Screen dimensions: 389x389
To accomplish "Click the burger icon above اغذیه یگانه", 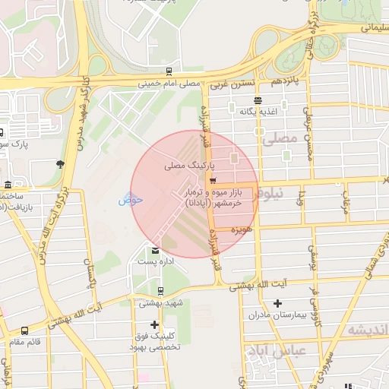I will pos(259,100).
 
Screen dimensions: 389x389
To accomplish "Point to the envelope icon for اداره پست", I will pos(156,251).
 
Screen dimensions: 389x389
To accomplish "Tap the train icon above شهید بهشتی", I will pos(160,290).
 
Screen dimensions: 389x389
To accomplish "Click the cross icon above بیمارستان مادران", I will pos(277,303).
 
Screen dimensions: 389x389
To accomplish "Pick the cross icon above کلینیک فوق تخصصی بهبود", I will pos(155,324).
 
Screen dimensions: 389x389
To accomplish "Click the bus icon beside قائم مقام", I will pos(26,330).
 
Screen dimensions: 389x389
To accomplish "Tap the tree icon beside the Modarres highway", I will pos(60,163).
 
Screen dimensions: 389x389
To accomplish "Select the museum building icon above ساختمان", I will pos(8,185).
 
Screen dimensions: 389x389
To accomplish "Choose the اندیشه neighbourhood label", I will pos(366,330).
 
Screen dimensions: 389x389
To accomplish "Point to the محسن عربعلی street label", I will pos(307,138).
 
